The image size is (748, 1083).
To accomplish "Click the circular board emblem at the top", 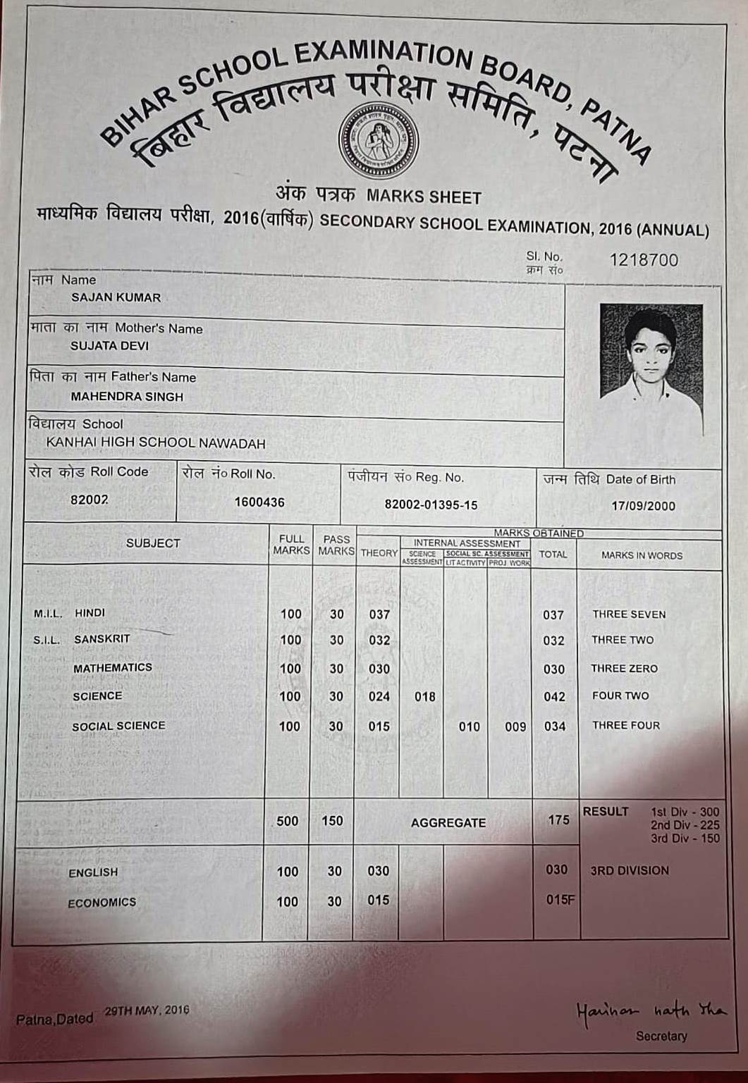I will pyautogui.click(x=378, y=140).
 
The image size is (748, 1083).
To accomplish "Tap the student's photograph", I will pyautogui.click(x=651, y=369).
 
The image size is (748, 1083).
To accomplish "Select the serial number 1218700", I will pyautogui.click(x=644, y=260).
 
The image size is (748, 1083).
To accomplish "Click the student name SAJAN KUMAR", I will pyautogui.click(x=116, y=297).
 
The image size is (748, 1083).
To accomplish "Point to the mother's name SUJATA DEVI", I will pyautogui.click(x=109, y=346).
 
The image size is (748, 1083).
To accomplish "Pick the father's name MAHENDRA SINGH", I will pyautogui.click(x=127, y=397).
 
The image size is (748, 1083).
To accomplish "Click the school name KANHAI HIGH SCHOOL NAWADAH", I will pyautogui.click(x=156, y=443).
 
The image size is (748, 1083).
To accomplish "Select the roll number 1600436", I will pyautogui.click(x=259, y=502).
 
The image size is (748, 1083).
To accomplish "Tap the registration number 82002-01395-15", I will pyautogui.click(x=431, y=505).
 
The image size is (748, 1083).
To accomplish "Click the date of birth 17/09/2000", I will pyautogui.click(x=643, y=506).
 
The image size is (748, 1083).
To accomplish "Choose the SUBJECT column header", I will pyautogui.click(x=153, y=543).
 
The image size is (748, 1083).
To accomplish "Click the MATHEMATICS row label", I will pyautogui.click(x=113, y=668).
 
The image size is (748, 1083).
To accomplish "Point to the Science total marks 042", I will pyautogui.click(x=554, y=697).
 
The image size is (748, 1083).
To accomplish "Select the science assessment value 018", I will pyautogui.click(x=424, y=697).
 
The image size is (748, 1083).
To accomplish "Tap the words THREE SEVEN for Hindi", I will pyautogui.click(x=629, y=614).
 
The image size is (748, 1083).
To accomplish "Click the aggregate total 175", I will pyautogui.click(x=558, y=819).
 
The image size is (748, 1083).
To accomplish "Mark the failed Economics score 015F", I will pyautogui.click(x=560, y=900).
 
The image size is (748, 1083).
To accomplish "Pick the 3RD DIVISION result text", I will pyautogui.click(x=630, y=870).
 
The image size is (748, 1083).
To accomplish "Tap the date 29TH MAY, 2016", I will pyautogui.click(x=147, y=1010).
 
